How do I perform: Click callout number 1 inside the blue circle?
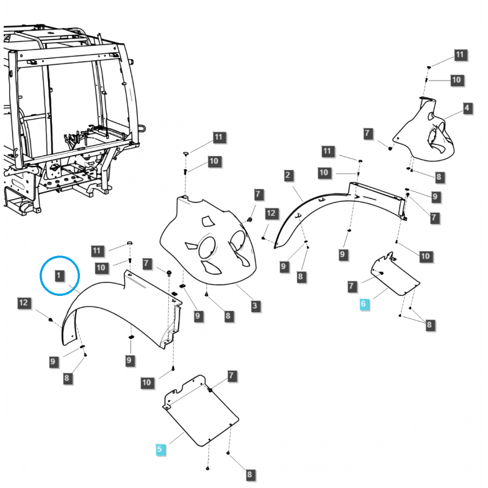[x=59, y=276]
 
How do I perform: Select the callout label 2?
[x=287, y=176]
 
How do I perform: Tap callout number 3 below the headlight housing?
[x=254, y=305]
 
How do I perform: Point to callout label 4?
[x=467, y=109]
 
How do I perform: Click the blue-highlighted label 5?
[x=160, y=450]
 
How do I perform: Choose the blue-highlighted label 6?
[x=364, y=304]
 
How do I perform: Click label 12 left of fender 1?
[x=24, y=303]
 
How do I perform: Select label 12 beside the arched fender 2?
[x=271, y=213]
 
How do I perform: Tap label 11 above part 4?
[x=459, y=56]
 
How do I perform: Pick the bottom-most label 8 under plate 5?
[x=249, y=474]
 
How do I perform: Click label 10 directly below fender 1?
[x=146, y=382]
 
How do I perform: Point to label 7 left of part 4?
[x=367, y=133]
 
